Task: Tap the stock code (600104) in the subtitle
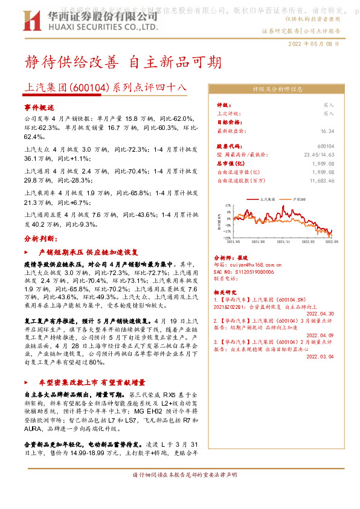[x=91, y=87]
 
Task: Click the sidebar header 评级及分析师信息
[x=277, y=89]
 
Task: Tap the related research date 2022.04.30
[x=320, y=314]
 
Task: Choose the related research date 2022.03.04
[x=320, y=357]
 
